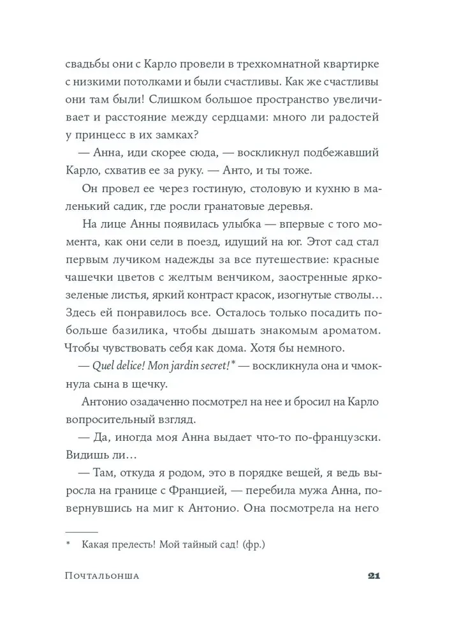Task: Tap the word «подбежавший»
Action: pyautogui.click(x=344, y=152)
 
